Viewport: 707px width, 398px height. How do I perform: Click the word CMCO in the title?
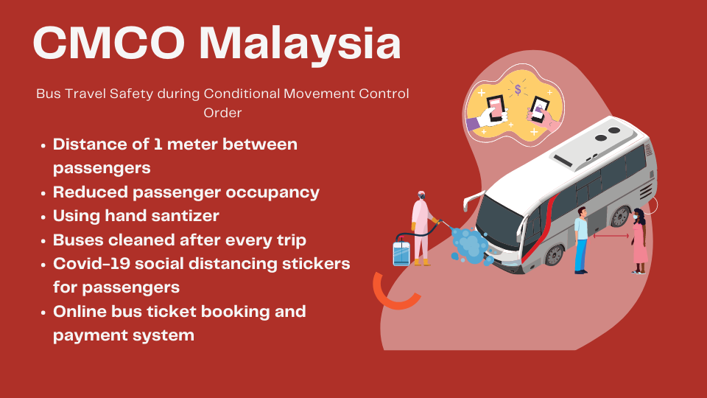(109, 43)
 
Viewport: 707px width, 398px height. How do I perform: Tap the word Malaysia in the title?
(300, 44)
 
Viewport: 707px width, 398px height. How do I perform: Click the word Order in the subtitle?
(222, 112)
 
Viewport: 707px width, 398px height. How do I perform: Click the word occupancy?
(272, 193)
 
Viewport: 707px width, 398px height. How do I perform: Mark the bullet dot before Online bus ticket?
(43, 313)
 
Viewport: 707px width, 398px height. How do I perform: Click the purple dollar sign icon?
(518, 90)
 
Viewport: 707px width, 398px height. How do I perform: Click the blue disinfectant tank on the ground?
(401, 252)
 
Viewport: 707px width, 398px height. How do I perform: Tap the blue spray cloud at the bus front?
(471, 246)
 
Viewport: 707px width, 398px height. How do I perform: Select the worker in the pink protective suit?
(421, 228)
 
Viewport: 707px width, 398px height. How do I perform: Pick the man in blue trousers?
(581, 240)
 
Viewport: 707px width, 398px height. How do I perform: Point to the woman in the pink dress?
(639, 241)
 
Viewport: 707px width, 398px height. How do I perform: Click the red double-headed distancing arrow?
(611, 236)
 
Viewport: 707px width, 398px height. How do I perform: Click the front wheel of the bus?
(555, 255)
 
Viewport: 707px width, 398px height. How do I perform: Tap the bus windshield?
(499, 222)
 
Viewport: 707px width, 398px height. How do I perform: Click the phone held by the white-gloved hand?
(496, 108)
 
